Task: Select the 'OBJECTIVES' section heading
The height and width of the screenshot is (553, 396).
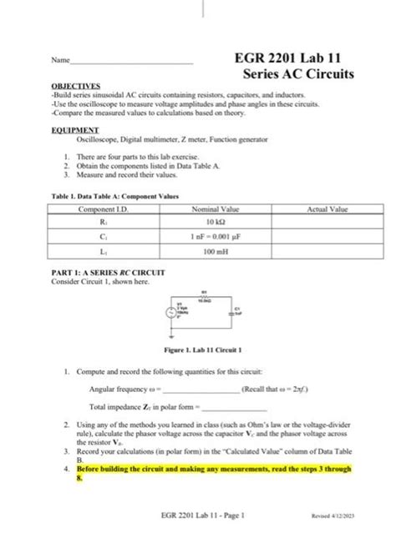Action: tap(76, 86)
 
